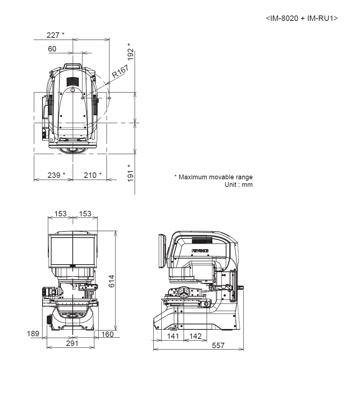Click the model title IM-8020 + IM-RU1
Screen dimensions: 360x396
click(302, 18)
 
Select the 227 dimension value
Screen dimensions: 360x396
click(53, 35)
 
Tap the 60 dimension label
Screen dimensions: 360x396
click(52, 49)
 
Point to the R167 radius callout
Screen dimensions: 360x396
click(121, 71)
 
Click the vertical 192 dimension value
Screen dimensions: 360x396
click(130, 54)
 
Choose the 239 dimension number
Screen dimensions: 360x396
click(54, 175)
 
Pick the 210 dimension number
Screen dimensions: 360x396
click(90, 175)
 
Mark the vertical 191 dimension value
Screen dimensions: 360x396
click(130, 176)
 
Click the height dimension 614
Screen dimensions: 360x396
click(111, 281)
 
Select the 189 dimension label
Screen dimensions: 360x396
click(33, 334)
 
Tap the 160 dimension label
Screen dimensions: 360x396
click(107, 334)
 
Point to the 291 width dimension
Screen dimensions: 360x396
click(72, 343)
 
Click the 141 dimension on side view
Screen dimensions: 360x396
click(173, 336)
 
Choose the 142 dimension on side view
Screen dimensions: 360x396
click(195, 336)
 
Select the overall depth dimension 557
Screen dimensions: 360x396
click(218, 346)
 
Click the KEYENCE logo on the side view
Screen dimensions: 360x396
click(200, 251)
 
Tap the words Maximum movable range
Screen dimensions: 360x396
click(216, 177)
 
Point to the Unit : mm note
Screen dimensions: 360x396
click(238, 185)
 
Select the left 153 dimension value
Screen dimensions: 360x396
click(60, 213)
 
